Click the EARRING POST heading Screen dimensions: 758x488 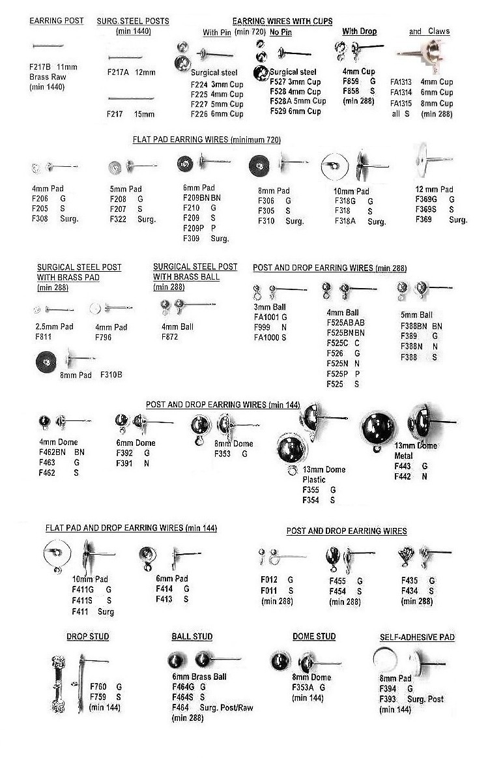(x=56, y=21)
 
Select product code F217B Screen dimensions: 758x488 (x=40, y=67)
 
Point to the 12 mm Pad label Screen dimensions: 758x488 (x=434, y=189)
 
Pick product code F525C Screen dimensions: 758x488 (x=338, y=343)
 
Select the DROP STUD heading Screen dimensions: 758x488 (x=87, y=636)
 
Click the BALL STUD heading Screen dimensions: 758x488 (x=192, y=636)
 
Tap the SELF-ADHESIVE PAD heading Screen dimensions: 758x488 (x=417, y=637)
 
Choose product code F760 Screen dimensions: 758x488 (x=97, y=687)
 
